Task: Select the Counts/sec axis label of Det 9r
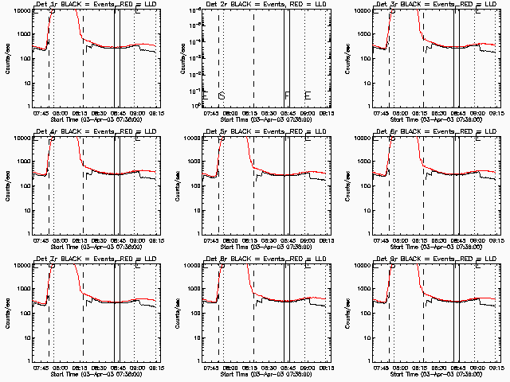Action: point(347,313)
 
